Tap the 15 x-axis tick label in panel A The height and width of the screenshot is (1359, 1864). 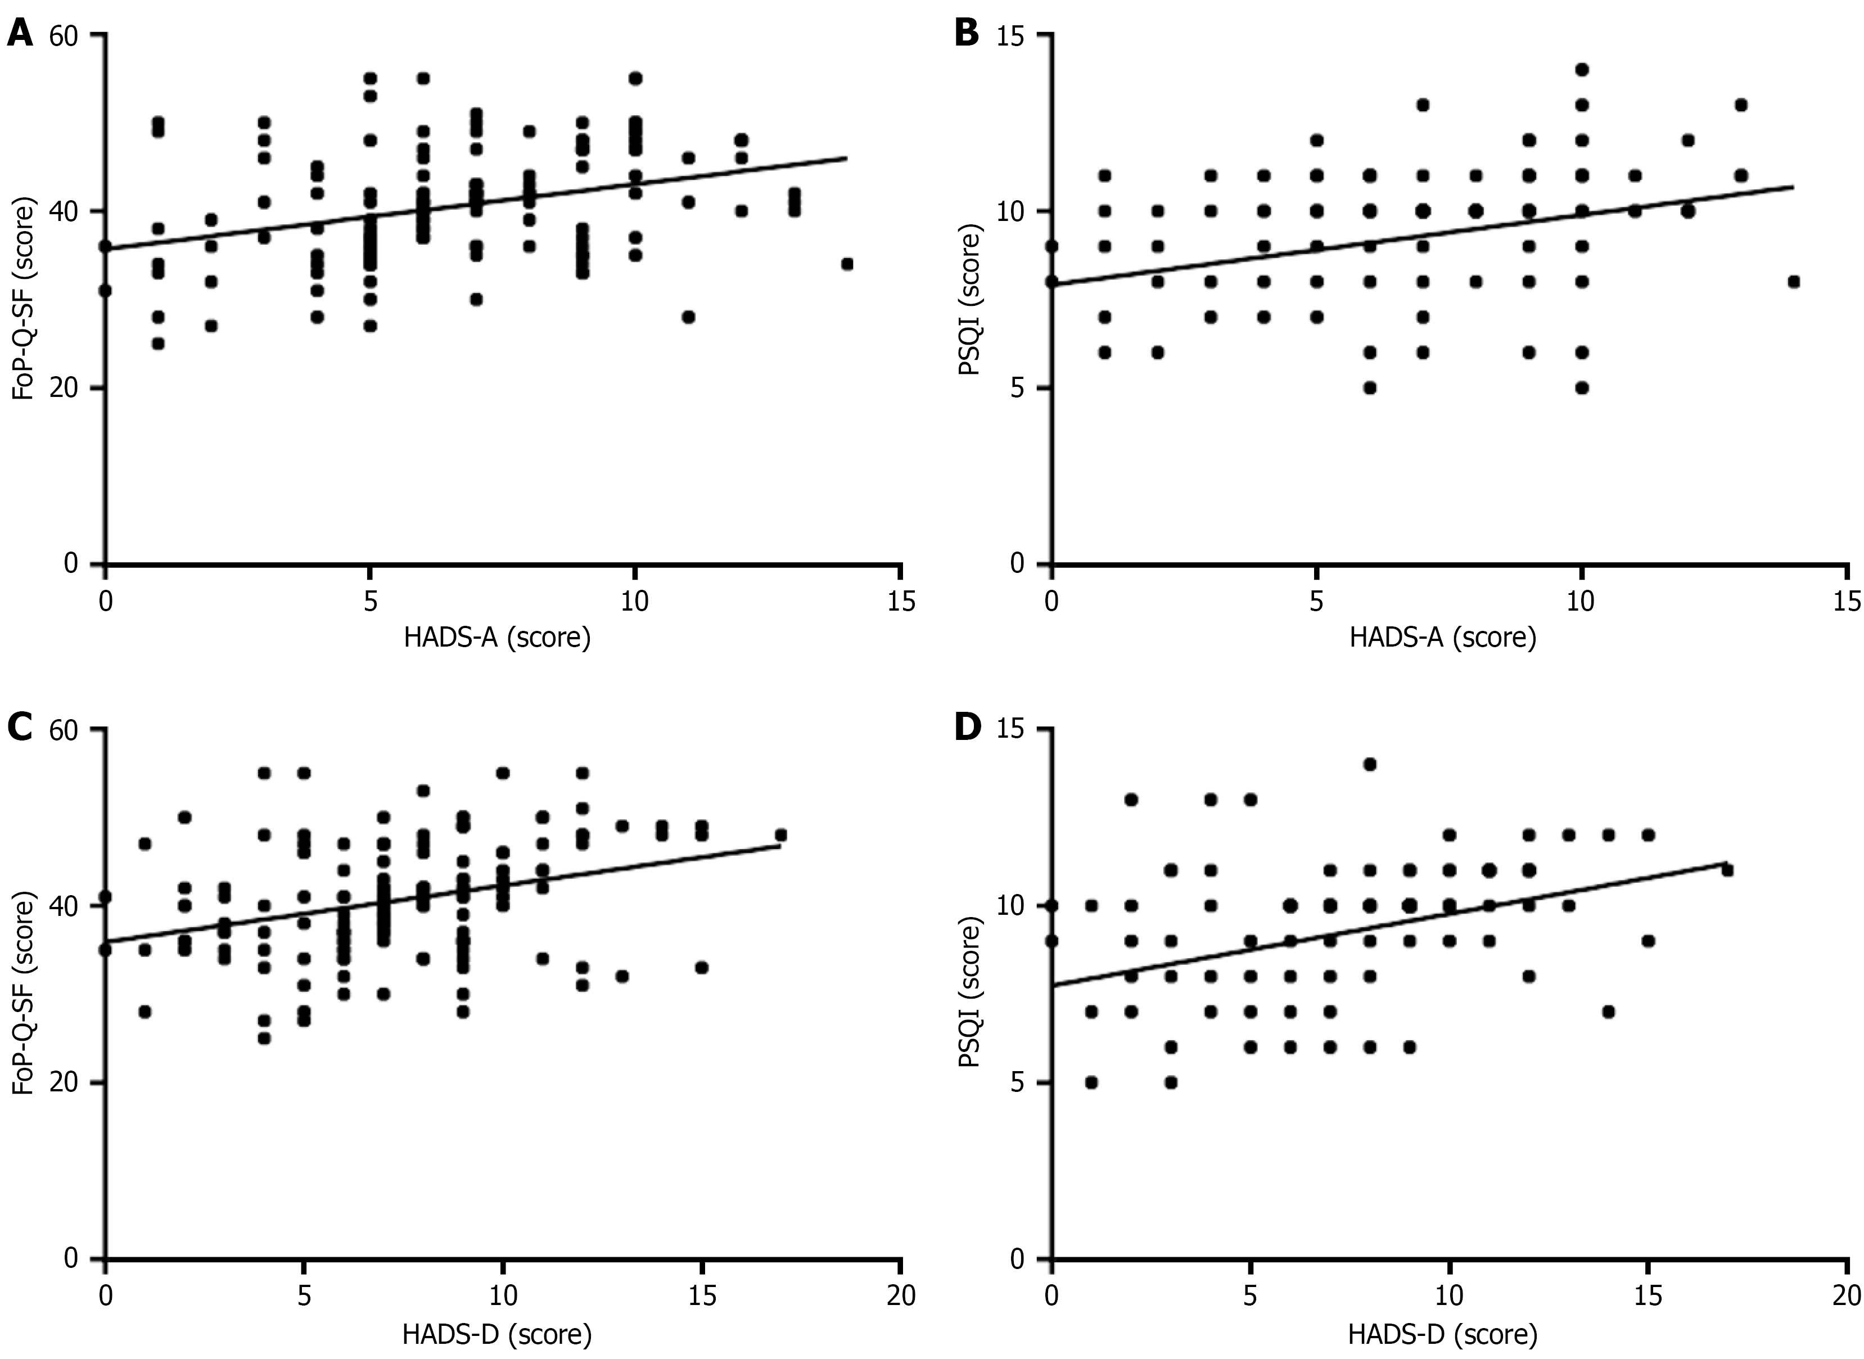[901, 602]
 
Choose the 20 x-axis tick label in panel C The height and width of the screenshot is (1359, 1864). [901, 1297]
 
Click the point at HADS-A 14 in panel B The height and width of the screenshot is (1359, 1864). [1794, 281]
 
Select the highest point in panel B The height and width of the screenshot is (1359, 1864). [1581, 70]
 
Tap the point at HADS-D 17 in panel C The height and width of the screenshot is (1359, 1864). [780, 835]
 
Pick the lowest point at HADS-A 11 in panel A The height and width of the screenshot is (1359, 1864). [688, 317]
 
